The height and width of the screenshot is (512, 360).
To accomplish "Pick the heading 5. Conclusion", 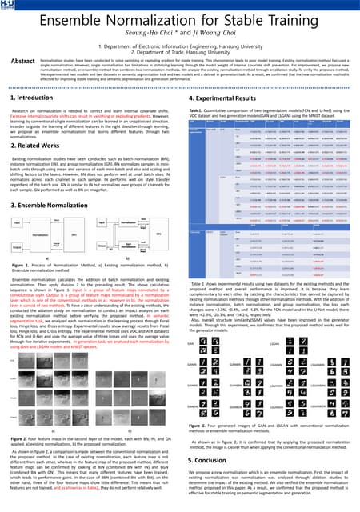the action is click(x=210, y=461).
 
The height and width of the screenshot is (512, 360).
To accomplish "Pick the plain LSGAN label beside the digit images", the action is click(x=273, y=322).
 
